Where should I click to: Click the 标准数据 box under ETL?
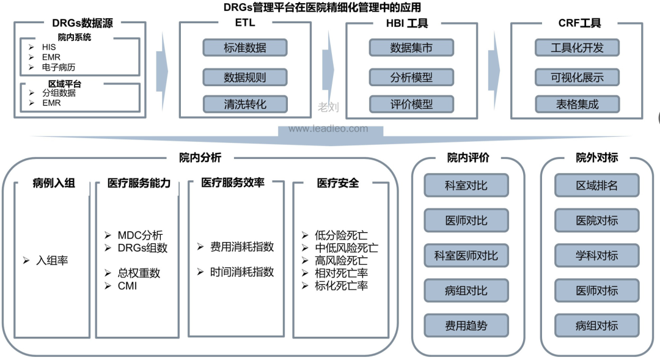coord(245,48)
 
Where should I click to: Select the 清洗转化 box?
coord(245,104)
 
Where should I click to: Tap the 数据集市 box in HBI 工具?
coord(411,48)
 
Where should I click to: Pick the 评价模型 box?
coord(411,104)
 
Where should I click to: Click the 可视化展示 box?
coord(577,77)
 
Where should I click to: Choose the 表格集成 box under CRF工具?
coord(577,104)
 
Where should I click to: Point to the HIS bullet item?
coord(49,47)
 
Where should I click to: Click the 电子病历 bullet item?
coord(59,67)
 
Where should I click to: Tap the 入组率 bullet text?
coord(51,260)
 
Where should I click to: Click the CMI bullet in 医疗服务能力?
coord(127,285)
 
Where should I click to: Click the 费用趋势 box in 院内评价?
coord(466,325)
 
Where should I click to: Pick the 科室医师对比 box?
coord(466,255)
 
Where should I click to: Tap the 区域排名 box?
coord(596,185)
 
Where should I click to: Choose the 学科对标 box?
coord(596,255)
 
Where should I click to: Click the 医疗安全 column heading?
coord(338,183)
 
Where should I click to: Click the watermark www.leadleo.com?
coord(328,129)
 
